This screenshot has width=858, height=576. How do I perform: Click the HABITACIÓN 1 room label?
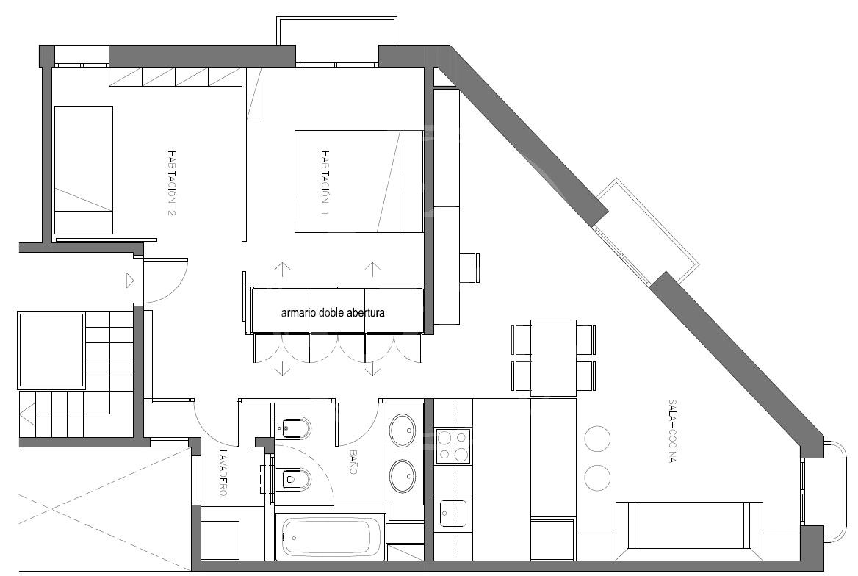[325, 182]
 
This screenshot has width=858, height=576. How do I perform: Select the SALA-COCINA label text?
[671, 431]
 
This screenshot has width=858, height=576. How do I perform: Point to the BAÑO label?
[353, 461]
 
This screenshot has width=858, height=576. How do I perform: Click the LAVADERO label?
[223, 472]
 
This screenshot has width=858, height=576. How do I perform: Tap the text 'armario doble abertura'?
[333, 313]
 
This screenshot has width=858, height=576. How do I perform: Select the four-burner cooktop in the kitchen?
[453, 446]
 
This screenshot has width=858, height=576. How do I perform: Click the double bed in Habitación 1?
[359, 181]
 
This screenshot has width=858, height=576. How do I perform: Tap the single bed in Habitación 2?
[84, 170]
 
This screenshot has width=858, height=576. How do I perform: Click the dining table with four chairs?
[554, 358]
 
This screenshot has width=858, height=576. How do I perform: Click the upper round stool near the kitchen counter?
[597, 438]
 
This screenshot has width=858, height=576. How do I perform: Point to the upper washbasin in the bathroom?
[404, 430]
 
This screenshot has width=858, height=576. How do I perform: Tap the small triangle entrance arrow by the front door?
[130, 281]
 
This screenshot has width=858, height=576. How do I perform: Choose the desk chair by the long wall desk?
[469, 267]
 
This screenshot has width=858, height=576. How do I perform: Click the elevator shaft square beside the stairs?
[51, 350]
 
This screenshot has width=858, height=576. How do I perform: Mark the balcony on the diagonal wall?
[647, 231]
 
